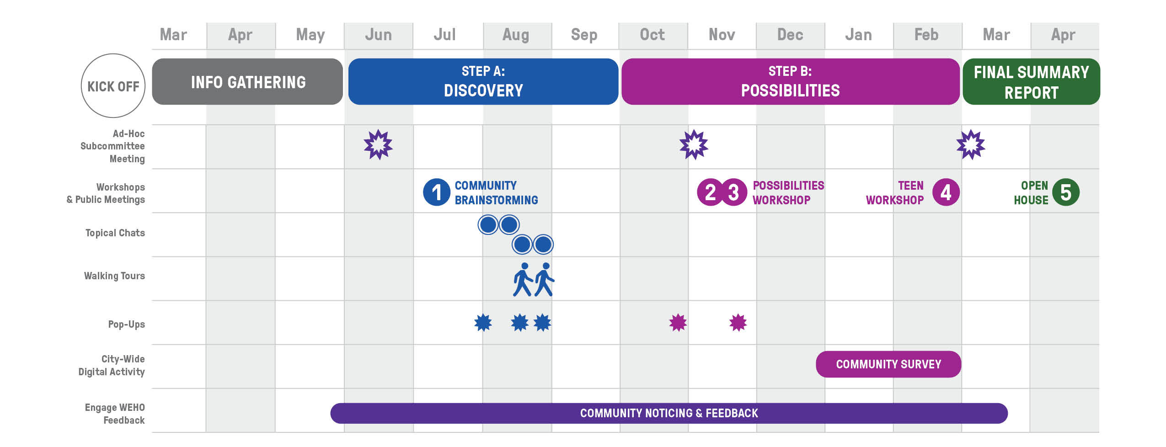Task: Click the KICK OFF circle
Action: coord(113,86)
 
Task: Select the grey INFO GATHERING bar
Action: coord(247,82)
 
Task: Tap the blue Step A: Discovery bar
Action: coord(483,82)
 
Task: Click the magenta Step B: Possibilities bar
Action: coord(790,82)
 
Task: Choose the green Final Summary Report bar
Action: coord(1031,82)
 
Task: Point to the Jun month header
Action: coord(378,35)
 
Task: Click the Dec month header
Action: coord(790,35)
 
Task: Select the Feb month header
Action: coord(926,35)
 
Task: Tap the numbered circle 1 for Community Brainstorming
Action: coord(437,192)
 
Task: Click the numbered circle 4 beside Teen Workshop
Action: coord(946,192)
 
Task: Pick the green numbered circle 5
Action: coord(1065,192)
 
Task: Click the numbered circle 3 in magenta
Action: coord(733,192)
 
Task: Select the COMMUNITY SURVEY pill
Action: coord(888,364)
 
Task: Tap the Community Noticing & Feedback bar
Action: coord(669,413)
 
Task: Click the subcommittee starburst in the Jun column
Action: coord(378,145)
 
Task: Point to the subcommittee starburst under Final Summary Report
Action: coord(970,145)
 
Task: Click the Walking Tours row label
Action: coord(114,276)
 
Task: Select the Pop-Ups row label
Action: coord(126,325)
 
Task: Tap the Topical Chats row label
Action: coord(115,233)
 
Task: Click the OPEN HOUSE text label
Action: coord(1031,193)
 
